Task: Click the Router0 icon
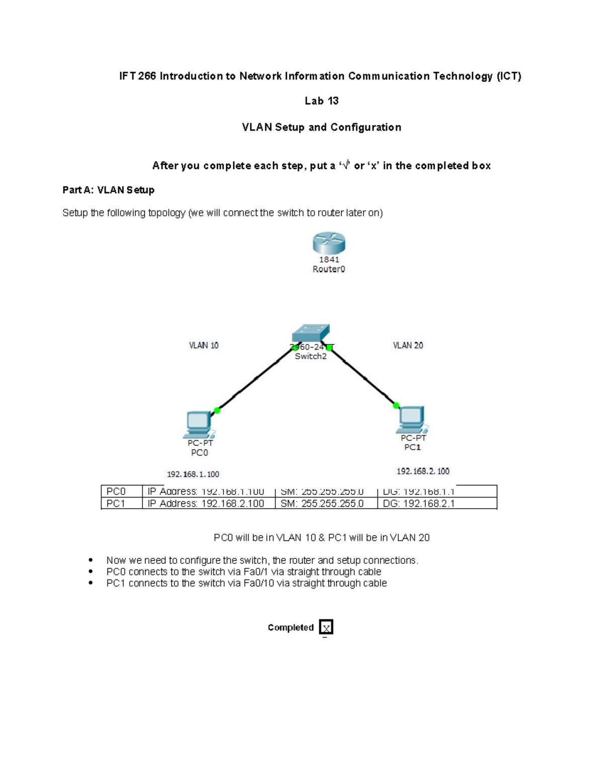click(x=329, y=243)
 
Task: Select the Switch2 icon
click(x=311, y=333)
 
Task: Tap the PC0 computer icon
click(x=199, y=424)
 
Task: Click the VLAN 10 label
click(x=203, y=345)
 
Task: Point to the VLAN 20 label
click(x=408, y=345)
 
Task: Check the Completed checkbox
click(x=326, y=627)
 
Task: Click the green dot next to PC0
click(x=217, y=410)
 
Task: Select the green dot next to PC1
click(x=396, y=405)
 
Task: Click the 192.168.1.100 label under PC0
click(x=193, y=474)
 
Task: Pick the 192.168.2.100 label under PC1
click(x=423, y=471)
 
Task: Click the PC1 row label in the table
click(x=116, y=504)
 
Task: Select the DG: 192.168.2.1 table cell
click(x=419, y=504)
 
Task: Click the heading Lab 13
click(x=321, y=101)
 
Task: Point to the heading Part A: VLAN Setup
click(x=108, y=190)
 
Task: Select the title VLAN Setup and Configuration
click(x=321, y=127)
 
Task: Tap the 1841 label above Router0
click(x=329, y=259)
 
